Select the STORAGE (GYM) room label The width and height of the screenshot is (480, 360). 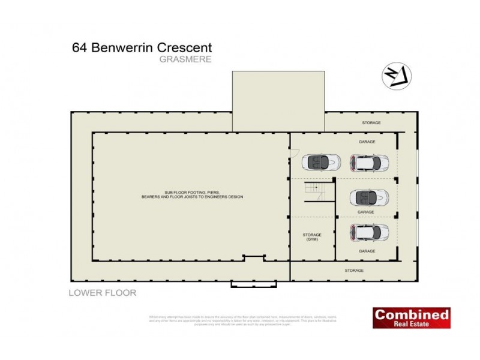(x=311, y=236)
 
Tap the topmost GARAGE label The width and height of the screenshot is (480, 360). (x=367, y=142)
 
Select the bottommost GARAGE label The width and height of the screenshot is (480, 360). (x=367, y=251)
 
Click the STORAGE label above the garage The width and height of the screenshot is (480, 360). (x=371, y=123)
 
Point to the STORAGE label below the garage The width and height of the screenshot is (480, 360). (x=354, y=271)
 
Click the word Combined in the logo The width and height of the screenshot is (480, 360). (x=411, y=314)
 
